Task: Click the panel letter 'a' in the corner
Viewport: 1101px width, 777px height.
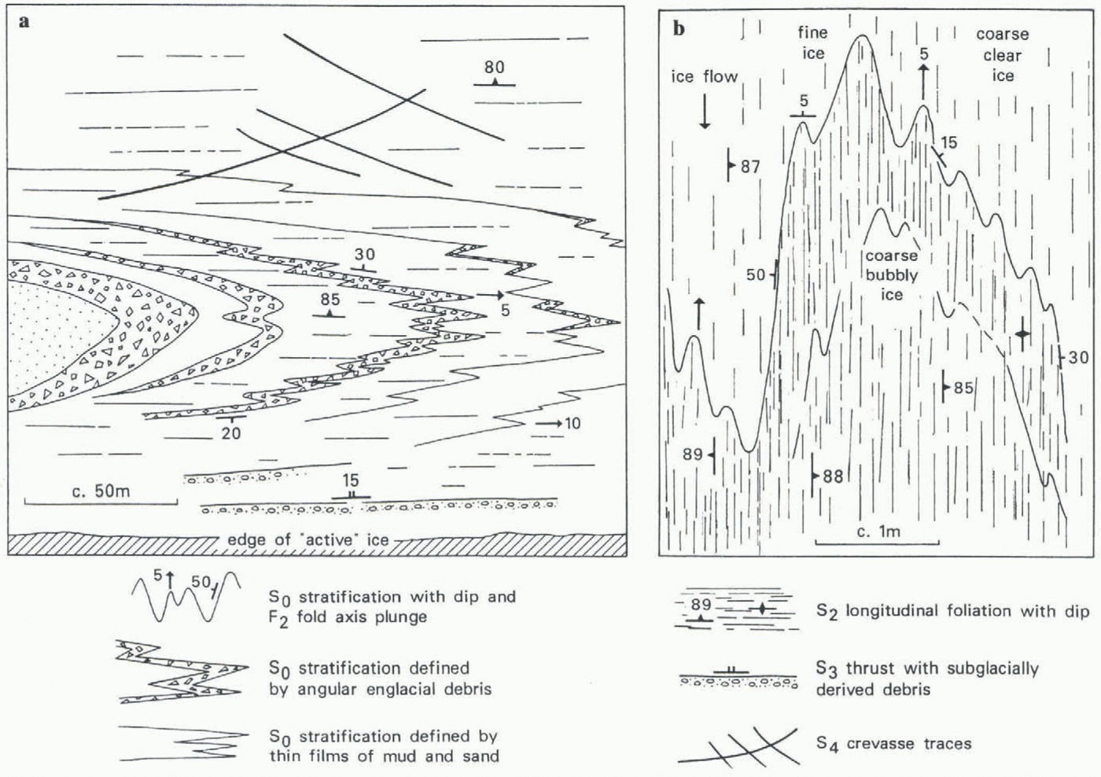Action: (x=24, y=22)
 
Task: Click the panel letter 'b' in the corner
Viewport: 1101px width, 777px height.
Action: (x=679, y=29)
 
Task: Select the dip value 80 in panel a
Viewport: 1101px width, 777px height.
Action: (x=495, y=68)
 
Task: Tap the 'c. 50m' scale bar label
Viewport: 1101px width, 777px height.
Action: (x=101, y=492)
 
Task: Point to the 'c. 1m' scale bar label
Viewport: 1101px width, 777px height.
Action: (x=878, y=532)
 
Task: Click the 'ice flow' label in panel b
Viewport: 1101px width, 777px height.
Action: (x=704, y=76)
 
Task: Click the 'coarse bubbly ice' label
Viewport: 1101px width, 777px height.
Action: (x=891, y=275)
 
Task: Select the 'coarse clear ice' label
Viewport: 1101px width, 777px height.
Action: (x=1002, y=55)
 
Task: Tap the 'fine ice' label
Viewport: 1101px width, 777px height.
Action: (x=812, y=43)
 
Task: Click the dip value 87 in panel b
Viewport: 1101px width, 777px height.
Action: (x=749, y=167)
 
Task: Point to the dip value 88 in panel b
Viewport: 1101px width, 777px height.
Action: (x=832, y=477)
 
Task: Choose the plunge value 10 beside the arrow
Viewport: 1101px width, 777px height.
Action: (x=573, y=424)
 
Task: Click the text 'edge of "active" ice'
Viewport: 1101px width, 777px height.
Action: (x=307, y=540)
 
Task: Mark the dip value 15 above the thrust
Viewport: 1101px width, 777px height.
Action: (x=350, y=480)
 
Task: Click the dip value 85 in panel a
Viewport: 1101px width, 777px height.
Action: (x=330, y=300)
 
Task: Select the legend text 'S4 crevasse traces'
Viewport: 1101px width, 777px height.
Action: (x=893, y=744)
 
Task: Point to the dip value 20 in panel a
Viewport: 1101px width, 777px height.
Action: (x=230, y=433)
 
